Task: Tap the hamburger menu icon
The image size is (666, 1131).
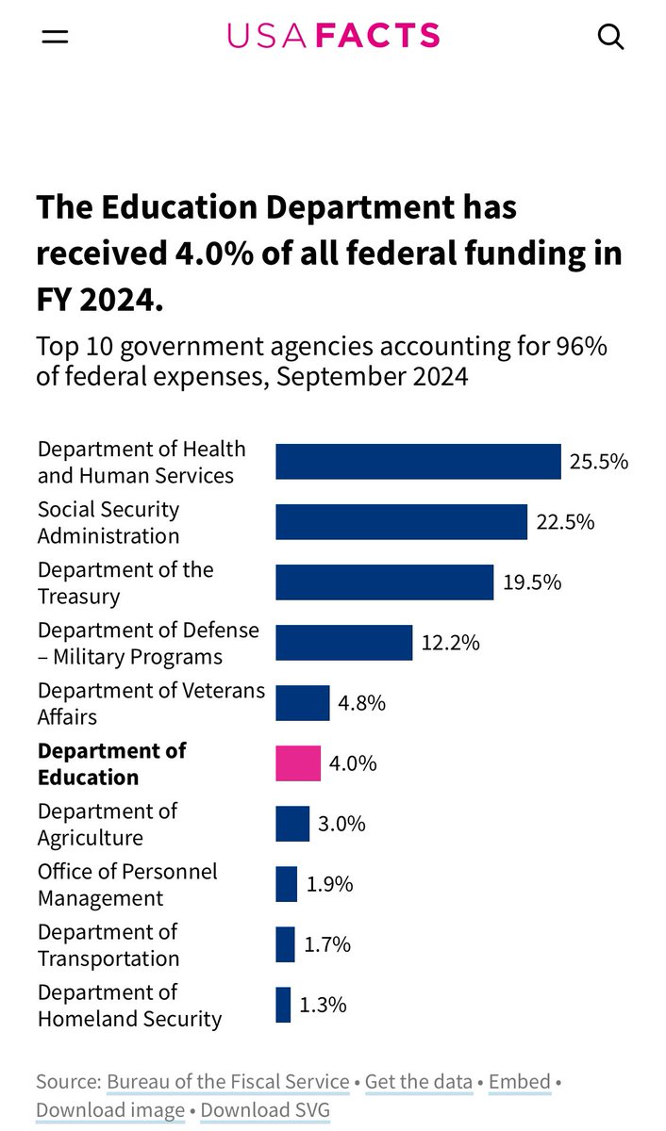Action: click(55, 37)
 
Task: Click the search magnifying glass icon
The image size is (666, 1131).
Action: click(610, 37)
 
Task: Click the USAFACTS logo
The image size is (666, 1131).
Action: click(333, 36)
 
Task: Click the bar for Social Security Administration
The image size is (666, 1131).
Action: click(401, 522)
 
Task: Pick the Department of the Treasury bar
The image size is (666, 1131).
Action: click(384, 582)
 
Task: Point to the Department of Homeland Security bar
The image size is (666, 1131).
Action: click(283, 1005)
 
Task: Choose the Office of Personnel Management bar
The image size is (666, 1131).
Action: click(286, 884)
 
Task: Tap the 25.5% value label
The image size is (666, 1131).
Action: click(599, 462)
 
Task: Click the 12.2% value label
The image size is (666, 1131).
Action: click(451, 643)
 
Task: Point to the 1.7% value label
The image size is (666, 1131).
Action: click(326, 944)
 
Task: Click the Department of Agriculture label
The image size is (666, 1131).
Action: click(108, 825)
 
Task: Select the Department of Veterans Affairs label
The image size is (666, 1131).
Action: click(151, 704)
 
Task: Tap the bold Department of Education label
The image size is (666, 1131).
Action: click(111, 764)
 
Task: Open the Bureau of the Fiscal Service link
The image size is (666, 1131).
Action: click(227, 1081)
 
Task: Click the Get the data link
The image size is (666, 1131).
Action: click(419, 1081)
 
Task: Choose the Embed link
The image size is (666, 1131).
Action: click(519, 1081)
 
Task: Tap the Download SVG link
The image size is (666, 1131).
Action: click(265, 1110)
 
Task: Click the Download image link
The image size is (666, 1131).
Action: click(110, 1110)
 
